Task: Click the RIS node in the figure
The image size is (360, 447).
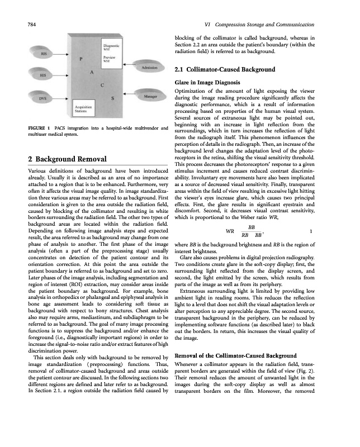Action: [44, 54]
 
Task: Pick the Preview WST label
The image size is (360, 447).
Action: [109, 59]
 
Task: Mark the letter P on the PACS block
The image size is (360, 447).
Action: [82, 59]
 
